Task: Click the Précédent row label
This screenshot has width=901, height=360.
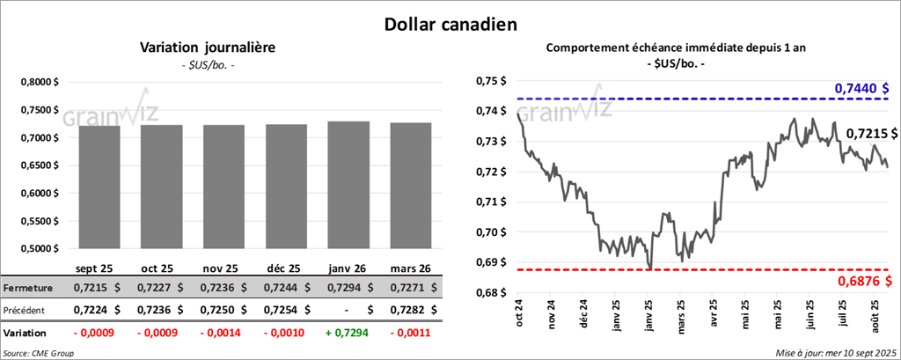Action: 27,311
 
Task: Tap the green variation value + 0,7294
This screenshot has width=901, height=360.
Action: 346,334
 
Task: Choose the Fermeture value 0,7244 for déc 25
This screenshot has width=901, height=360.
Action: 279,288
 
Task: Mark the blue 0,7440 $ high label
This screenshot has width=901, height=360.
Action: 862,89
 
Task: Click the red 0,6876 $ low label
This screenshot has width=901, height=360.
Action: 862,281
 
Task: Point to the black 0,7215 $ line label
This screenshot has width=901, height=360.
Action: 872,134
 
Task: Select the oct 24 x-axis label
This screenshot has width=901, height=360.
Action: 520,312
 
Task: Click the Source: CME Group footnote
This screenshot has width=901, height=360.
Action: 39,353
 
